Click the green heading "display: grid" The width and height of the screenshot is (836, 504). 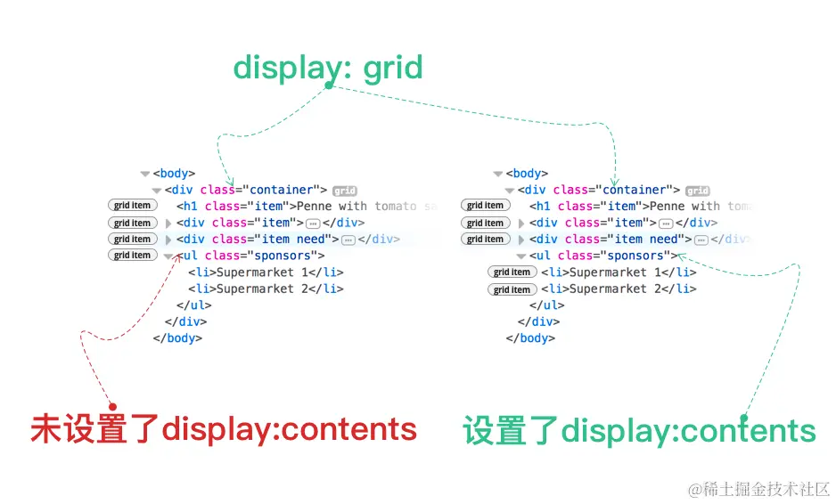(x=327, y=67)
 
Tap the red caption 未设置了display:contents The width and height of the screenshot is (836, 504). (x=224, y=429)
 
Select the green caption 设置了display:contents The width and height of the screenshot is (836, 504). (x=639, y=432)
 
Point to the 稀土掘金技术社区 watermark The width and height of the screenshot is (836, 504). (x=758, y=489)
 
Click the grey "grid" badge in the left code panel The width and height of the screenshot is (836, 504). (x=344, y=191)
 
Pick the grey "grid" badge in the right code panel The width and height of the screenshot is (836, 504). (x=697, y=191)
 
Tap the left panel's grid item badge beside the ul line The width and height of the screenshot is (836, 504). (x=132, y=256)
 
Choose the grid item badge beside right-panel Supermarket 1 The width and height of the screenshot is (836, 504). (x=512, y=272)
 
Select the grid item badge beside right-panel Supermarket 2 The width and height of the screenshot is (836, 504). (x=512, y=289)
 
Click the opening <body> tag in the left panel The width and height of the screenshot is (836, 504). (x=174, y=174)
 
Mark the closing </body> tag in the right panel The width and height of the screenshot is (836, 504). (x=530, y=338)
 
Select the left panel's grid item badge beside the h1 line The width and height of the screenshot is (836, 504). (x=132, y=206)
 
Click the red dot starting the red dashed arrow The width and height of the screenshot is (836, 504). (x=112, y=406)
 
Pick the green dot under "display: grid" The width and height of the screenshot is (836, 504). (x=329, y=86)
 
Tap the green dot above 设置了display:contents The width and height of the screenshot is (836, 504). (x=742, y=416)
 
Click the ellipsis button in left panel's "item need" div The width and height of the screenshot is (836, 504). (x=348, y=240)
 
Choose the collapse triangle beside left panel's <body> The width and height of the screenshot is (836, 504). (x=144, y=174)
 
